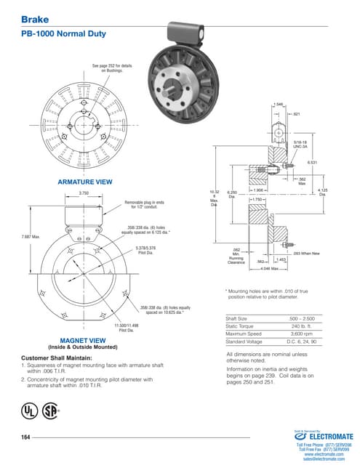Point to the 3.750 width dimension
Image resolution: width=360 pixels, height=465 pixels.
click(x=84, y=193)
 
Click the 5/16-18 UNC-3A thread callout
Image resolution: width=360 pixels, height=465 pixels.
click(x=302, y=144)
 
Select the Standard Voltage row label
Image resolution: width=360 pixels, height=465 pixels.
click(x=244, y=341)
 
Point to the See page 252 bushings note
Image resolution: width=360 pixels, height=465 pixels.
click(x=112, y=69)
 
